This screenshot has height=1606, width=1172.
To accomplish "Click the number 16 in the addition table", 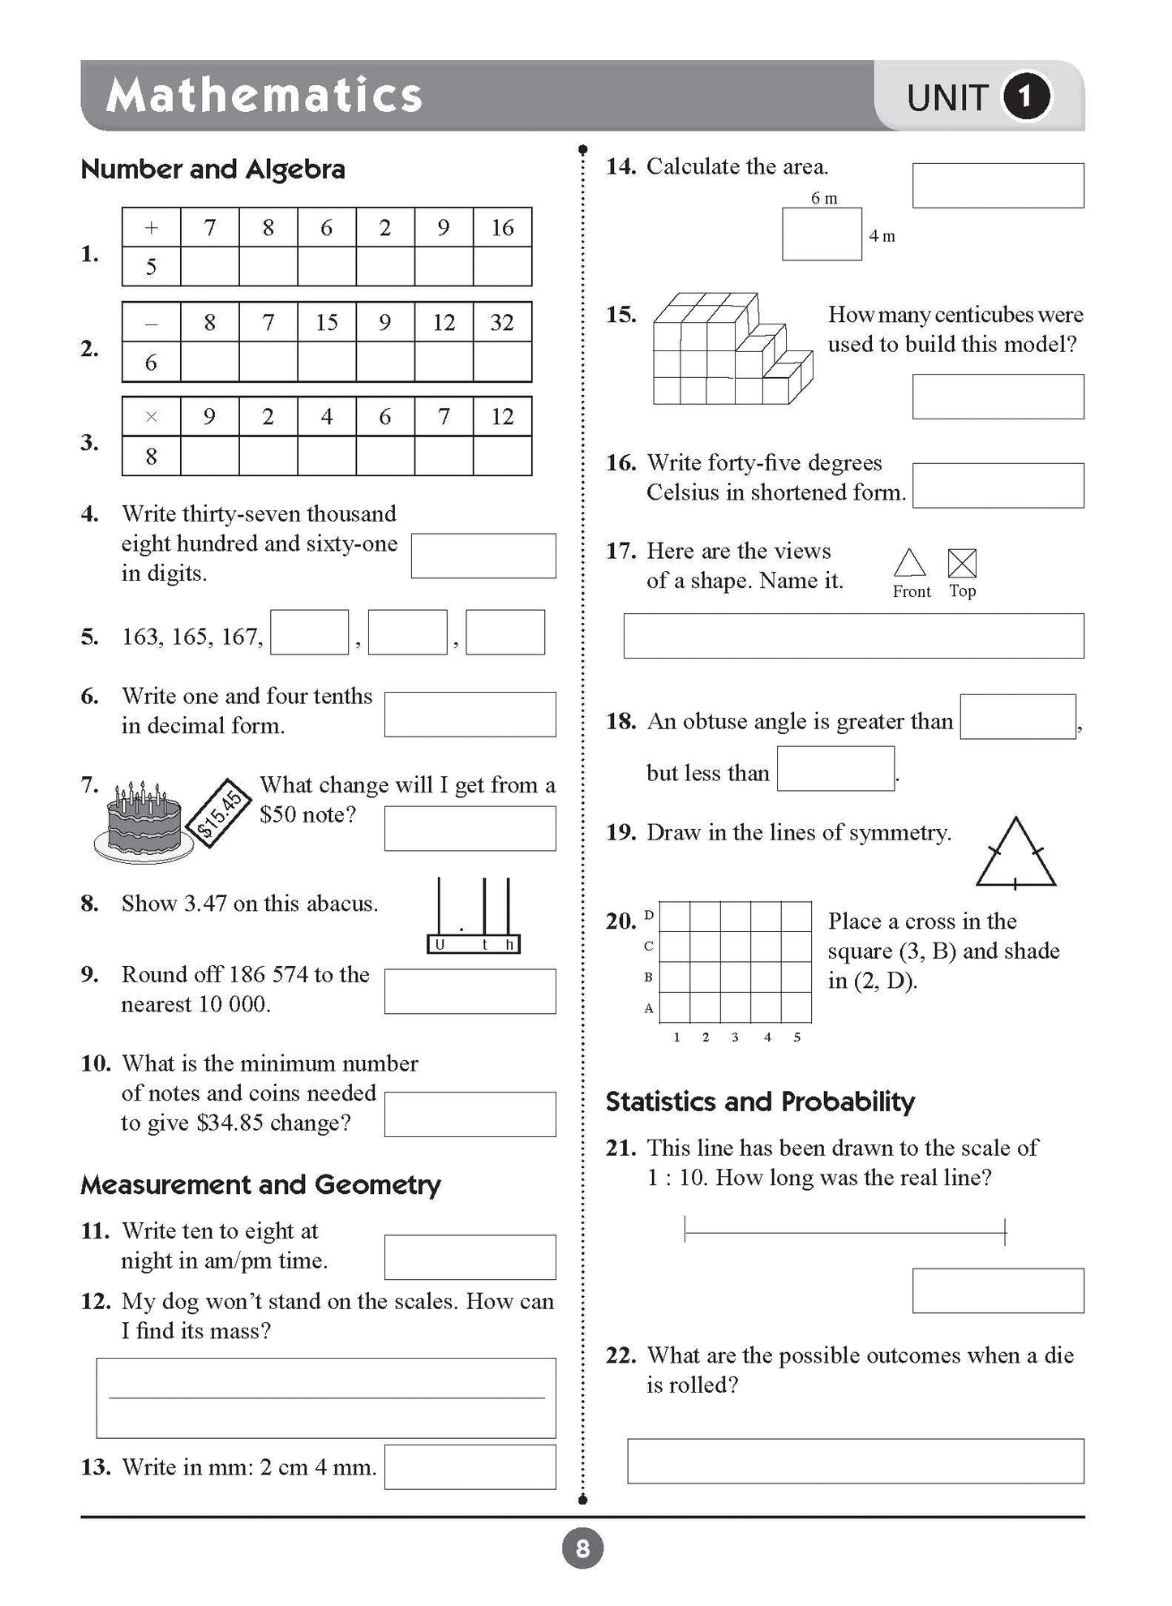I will pos(502,228).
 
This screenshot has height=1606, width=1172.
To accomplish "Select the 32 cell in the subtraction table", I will pos(502,323).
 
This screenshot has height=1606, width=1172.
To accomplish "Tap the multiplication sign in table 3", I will pos(151,417).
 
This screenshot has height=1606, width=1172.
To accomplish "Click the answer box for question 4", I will pos(483,556).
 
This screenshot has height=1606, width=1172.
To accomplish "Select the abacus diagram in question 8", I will pos(474,916).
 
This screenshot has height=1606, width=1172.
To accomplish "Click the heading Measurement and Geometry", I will pos(260,1185).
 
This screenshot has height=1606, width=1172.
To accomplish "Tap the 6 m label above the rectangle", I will pos(824,198).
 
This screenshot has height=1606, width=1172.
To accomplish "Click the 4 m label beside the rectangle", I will pos(882,236).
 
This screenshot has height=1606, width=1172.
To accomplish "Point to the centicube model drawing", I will pos(731,350).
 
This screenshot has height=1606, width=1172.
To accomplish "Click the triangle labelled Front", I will pos(910,563).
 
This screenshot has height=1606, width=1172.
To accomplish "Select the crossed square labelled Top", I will pos(962,563).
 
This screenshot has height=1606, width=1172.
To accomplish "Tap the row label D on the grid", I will pos(649,915).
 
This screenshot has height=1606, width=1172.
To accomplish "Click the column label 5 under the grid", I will pos(796,1037).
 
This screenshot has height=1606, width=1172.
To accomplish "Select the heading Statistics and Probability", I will pos(760,1101).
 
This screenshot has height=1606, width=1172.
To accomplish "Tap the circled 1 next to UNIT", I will pos(1026,97).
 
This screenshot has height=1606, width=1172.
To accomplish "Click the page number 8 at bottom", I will pos(582,1550).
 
